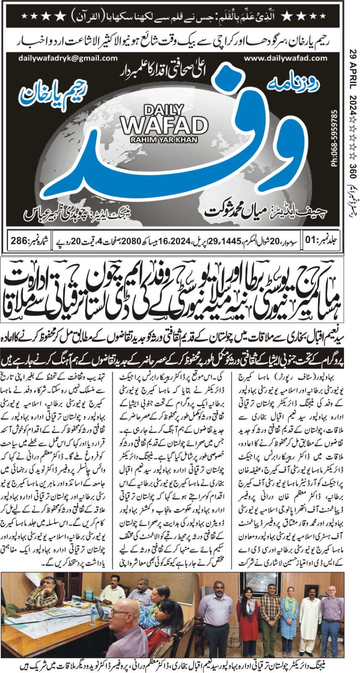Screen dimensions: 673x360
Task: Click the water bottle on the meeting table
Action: [x=94, y=617]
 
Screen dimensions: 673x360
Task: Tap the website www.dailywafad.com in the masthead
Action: [x=279, y=58]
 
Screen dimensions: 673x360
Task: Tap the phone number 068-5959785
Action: [x=335, y=138]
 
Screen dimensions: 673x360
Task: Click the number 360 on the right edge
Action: [x=352, y=162]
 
